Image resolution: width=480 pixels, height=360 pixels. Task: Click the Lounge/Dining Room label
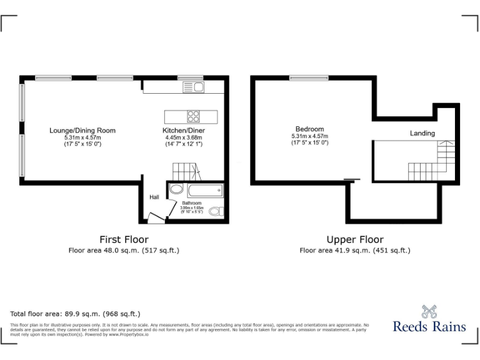82,131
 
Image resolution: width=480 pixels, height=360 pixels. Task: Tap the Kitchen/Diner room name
184,131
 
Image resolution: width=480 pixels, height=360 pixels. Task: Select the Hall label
154,197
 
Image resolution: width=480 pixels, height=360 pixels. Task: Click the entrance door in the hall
155,217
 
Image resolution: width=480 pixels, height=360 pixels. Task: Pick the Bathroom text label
191,203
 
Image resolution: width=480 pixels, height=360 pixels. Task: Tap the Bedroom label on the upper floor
309,129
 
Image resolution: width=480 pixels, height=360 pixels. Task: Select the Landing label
422,133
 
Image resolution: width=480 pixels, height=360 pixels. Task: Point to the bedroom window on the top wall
309,78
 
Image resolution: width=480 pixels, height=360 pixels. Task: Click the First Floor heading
124,239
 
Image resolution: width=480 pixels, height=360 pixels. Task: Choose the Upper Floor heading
355,239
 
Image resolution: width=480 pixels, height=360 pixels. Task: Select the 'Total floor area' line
75,314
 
